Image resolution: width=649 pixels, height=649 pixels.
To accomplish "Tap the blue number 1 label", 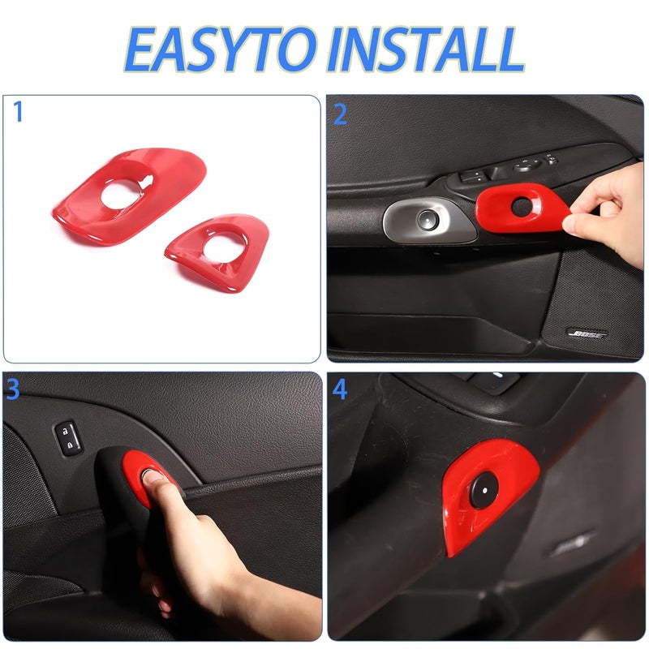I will [x=18, y=113].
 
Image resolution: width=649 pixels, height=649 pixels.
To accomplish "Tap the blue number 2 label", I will [x=340, y=114].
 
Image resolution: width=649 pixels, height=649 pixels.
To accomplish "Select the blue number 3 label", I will [x=12, y=389].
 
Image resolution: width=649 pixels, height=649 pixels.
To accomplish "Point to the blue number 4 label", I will [x=340, y=389].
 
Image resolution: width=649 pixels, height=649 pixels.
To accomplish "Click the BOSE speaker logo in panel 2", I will [x=586, y=333].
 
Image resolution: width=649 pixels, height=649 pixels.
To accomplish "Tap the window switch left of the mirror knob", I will [x=473, y=174].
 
